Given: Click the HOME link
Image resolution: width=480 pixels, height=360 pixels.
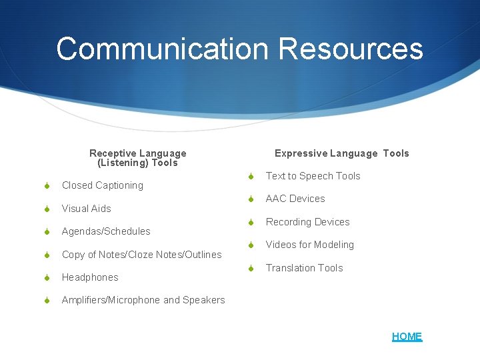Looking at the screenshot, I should tap(407, 337).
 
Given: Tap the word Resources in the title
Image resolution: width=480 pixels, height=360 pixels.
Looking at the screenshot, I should tap(351, 49).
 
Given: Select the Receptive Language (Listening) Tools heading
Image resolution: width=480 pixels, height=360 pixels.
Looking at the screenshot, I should tap(138, 158).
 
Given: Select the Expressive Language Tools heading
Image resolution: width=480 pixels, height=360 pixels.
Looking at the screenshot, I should tap(341, 153).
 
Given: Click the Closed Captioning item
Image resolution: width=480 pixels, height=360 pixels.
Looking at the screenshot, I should tap(102, 185).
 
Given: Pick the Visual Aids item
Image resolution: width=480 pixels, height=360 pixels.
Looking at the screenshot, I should tap(86, 209).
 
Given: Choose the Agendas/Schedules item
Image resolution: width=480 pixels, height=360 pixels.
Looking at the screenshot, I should tap(106, 231).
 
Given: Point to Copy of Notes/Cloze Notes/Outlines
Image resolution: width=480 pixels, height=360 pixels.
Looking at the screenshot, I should tap(141, 255).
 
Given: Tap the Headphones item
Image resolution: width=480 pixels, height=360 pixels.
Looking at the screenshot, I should tap(90, 277).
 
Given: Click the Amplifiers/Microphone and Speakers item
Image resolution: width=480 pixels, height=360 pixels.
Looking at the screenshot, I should tap(143, 300).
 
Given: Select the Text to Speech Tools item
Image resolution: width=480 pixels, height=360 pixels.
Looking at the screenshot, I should tap(313, 176).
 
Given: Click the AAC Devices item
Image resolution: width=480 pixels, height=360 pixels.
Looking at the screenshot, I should tap(295, 199).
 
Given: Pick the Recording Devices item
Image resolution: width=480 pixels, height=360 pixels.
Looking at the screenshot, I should tap(307, 222).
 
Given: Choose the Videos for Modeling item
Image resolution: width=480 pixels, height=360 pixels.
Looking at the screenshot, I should tap(309, 245).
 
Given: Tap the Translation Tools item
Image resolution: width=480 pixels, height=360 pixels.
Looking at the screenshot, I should tap(304, 268).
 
